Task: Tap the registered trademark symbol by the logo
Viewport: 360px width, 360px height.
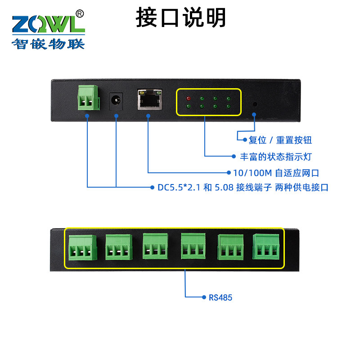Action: tap(80, 13)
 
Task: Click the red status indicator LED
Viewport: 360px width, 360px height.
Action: tap(189, 98)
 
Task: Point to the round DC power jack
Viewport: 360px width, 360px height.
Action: tap(116, 100)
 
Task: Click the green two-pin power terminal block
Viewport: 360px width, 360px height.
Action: tap(87, 97)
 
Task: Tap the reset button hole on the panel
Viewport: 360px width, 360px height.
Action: tap(255, 104)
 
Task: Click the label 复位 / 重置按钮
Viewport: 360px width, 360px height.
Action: tap(280, 140)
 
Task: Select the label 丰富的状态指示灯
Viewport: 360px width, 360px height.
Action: tap(275, 157)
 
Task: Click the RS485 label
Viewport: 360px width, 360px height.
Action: tap(220, 297)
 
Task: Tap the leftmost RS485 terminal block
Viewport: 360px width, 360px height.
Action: tap(83, 248)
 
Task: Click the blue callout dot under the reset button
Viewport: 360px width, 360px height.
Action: tap(254, 114)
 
